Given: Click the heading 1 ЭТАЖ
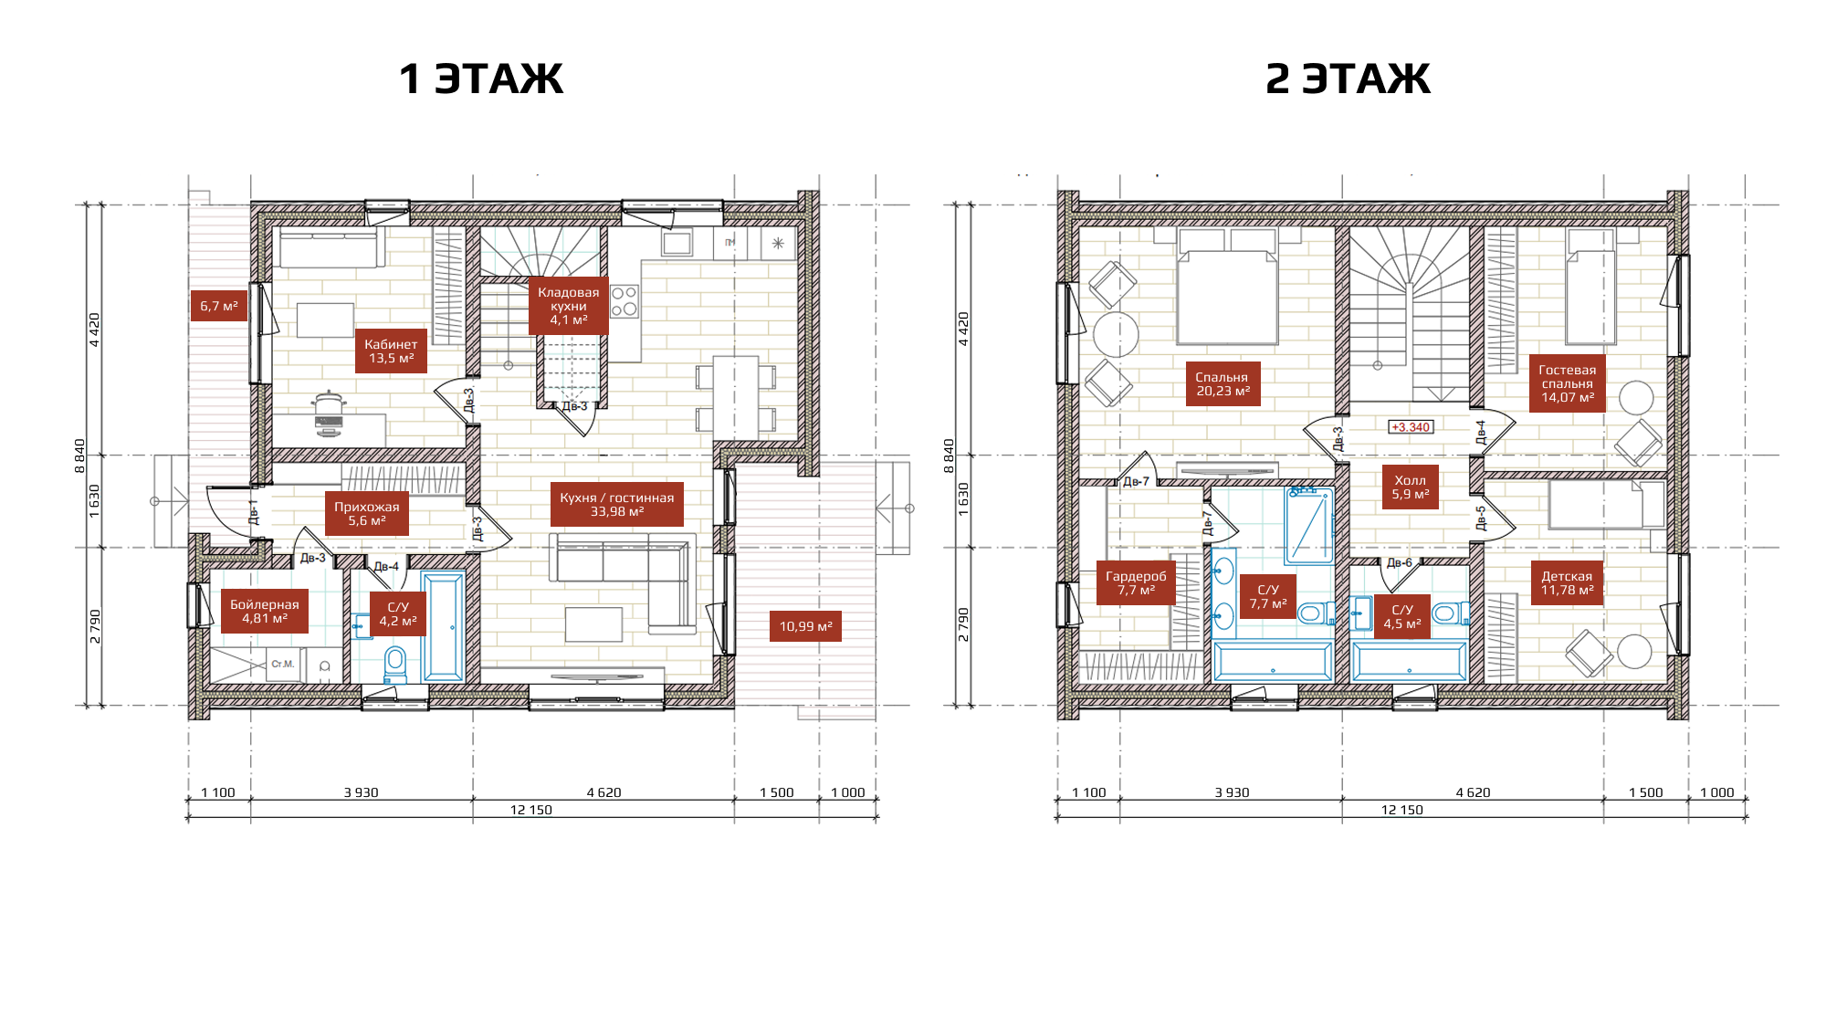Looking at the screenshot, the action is click(x=481, y=79).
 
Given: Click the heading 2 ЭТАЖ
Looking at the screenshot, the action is click(x=1348, y=79).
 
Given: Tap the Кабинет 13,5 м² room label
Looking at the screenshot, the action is click(x=391, y=351).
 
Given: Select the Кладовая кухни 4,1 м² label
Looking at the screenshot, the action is click(x=568, y=306).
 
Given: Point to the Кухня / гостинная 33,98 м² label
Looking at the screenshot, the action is click(x=617, y=505).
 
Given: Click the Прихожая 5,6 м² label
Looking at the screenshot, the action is click(x=366, y=514).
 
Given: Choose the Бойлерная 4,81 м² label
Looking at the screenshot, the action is click(x=264, y=612).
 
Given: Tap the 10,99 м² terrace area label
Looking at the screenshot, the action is click(x=805, y=626).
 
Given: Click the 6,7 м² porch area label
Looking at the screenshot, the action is click(x=219, y=306).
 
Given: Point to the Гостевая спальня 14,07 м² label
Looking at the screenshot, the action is click(x=1567, y=383).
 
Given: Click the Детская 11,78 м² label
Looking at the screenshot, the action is click(x=1567, y=583).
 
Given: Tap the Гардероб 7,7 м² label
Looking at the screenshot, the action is click(x=1136, y=583).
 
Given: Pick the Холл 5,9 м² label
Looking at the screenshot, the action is click(x=1410, y=487).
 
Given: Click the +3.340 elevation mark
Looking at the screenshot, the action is click(x=1411, y=427).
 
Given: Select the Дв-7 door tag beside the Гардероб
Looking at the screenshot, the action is click(x=1136, y=481).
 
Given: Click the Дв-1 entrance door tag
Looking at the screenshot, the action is click(x=254, y=512).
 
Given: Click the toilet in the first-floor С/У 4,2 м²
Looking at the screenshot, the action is click(x=395, y=665).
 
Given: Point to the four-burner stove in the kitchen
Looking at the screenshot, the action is click(x=624, y=301).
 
